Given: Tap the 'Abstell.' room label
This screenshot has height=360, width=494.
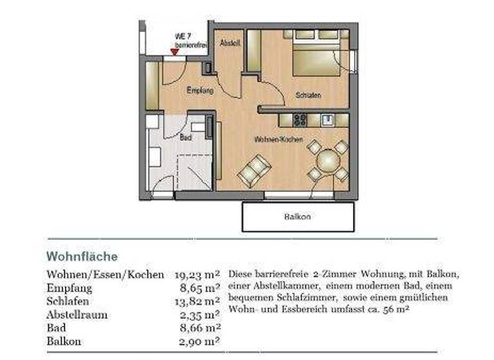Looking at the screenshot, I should click(229, 44).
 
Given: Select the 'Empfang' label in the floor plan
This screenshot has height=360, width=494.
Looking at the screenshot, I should click(199, 91).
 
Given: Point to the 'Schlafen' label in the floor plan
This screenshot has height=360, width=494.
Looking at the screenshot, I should click(308, 96).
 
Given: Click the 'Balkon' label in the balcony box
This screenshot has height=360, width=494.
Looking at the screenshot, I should click(297, 217).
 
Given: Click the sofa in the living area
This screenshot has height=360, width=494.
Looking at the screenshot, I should click(254, 170).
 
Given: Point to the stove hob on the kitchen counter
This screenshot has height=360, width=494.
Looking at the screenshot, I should click(299, 120).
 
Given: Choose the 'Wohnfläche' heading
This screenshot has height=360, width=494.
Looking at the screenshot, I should click(82, 256).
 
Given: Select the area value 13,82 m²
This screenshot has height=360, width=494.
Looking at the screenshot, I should click(197, 301).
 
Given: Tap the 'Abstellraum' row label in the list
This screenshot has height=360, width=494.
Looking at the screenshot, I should click(77, 315).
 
